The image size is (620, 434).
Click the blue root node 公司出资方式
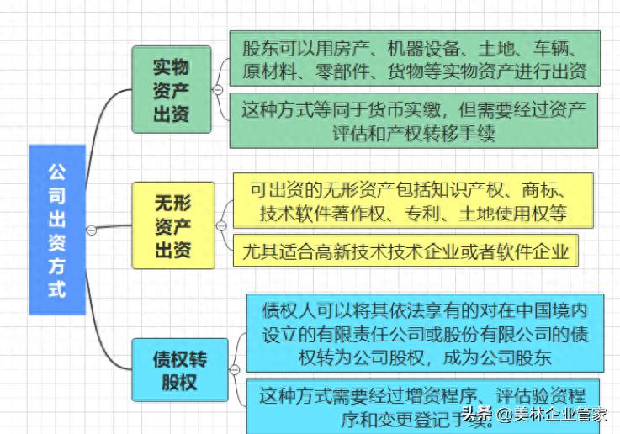[56, 230]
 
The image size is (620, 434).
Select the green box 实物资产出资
[172, 90]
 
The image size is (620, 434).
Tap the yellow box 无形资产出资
[172, 225]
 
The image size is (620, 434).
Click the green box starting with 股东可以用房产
[414, 58]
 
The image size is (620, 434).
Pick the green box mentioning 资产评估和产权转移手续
[414, 120]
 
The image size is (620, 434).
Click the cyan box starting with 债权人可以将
[426, 333]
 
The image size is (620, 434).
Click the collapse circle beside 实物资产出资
[218, 89]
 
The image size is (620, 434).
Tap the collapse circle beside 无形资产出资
[221, 225]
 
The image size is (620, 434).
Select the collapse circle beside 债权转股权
[235, 369]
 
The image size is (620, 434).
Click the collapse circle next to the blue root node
[92, 230]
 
